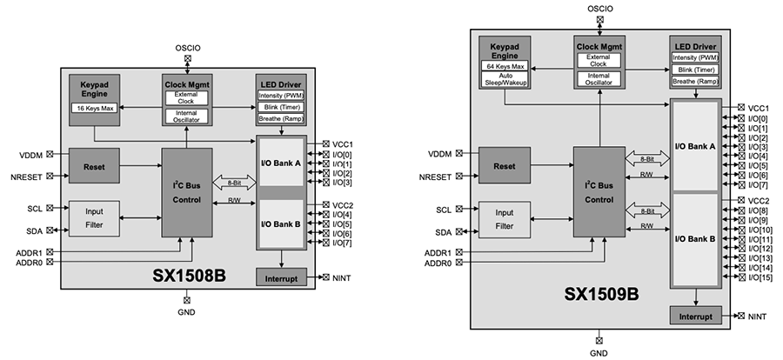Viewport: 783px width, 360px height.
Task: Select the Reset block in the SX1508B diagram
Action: pyautogui.click(x=94, y=165)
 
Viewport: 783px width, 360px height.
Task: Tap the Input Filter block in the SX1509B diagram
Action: pyautogui.click(x=504, y=221)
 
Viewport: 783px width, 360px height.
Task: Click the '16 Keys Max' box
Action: pyautogui.click(x=97, y=110)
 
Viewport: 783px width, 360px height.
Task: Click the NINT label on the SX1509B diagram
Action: pyautogui.click(x=758, y=315)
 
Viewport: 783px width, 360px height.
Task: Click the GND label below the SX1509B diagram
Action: pyautogui.click(x=599, y=353)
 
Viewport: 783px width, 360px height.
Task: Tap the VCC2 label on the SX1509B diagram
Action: pyautogui.click(x=760, y=200)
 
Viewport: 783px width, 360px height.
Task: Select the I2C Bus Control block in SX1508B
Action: pyautogui.click(x=187, y=191)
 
